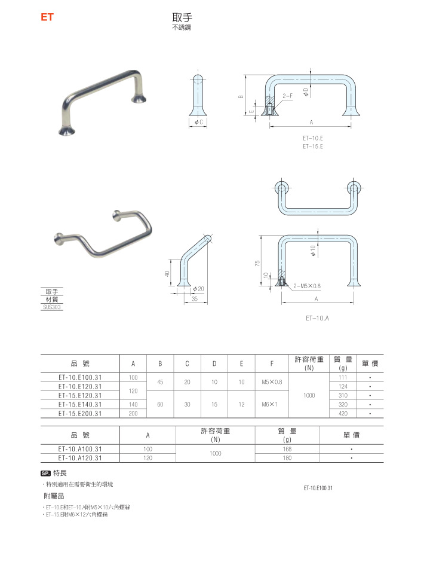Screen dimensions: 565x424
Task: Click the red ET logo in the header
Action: (47, 17)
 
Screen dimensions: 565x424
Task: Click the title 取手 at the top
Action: (181, 18)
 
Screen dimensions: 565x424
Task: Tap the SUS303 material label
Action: (51, 307)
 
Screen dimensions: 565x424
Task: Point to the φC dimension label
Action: (199, 122)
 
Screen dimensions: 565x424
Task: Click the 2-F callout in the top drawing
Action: (288, 96)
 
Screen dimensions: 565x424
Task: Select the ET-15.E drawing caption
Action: (312, 146)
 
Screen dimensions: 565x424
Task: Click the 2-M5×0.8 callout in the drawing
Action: (307, 286)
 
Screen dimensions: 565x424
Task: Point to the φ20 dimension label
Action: (199, 289)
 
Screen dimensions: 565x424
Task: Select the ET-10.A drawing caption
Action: (317, 318)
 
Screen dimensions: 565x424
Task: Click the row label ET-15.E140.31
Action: (80, 404)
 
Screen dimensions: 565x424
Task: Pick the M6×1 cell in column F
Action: (272, 404)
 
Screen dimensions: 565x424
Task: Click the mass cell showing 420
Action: (343, 413)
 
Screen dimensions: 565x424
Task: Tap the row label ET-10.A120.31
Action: (80, 458)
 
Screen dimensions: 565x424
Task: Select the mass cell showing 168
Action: (287, 449)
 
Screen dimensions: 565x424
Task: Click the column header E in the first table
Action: (241, 364)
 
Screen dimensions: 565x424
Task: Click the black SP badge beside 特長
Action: (45, 473)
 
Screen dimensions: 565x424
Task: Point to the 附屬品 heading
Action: (54, 496)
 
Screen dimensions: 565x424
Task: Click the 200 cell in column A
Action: (133, 413)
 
